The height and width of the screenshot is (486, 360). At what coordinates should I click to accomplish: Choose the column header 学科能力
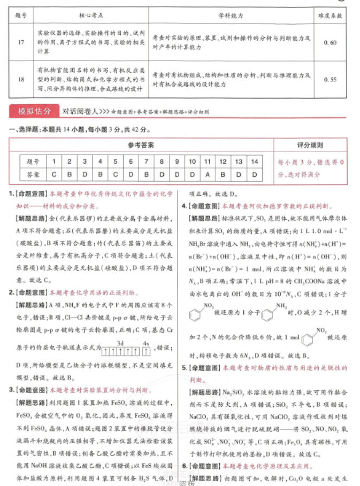232,16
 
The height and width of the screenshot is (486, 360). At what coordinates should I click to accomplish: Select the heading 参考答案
140,145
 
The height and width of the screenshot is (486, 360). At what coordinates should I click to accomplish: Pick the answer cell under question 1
54,174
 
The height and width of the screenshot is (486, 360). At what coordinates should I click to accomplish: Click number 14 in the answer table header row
254,161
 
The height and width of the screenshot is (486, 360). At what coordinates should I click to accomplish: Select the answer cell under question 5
115,174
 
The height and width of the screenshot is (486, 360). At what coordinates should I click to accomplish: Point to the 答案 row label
33,174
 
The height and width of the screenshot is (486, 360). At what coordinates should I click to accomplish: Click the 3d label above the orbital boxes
120,343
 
